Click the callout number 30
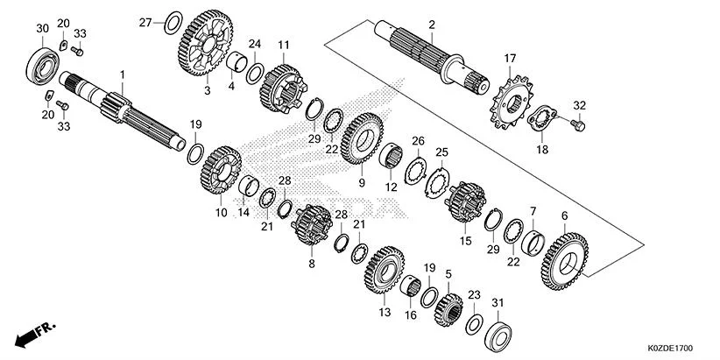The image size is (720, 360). point(41,29)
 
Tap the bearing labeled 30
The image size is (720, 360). point(41,65)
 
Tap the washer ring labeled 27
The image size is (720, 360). point(174,19)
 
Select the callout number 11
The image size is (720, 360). point(283,45)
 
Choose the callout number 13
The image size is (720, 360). point(384,312)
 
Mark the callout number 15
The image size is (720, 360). point(465,240)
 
